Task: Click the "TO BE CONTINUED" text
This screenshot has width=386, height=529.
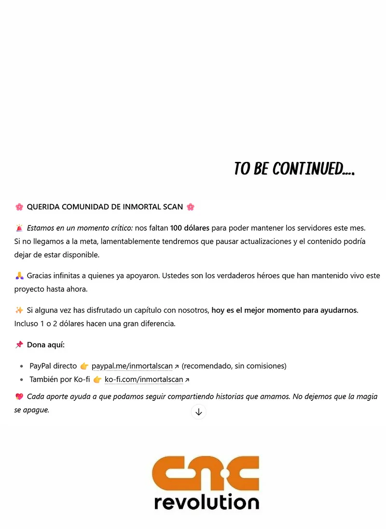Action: [x=294, y=169]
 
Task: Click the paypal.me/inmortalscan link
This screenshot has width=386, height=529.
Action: [x=132, y=366]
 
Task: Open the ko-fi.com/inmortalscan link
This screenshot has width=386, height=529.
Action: [x=143, y=380]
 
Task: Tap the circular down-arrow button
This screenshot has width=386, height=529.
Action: [x=198, y=412]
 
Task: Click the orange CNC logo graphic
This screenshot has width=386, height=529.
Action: [x=206, y=473]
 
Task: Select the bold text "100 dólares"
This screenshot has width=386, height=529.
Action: [x=190, y=228]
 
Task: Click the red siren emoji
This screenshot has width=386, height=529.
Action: [x=19, y=228]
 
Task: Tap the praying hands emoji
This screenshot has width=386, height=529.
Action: [x=19, y=276]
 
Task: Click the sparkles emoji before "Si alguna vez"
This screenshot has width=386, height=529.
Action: [x=19, y=310]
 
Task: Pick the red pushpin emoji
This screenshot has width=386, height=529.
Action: [x=19, y=345]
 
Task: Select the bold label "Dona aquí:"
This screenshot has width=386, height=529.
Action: [x=46, y=345]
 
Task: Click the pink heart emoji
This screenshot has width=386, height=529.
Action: [x=19, y=397]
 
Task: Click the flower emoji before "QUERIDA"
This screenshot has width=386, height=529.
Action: [x=19, y=207]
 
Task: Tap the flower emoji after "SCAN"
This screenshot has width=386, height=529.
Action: [x=191, y=207]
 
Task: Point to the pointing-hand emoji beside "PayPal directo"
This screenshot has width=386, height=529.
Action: [x=84, y=366]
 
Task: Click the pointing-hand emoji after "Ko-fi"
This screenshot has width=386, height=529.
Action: [x=97, y=380]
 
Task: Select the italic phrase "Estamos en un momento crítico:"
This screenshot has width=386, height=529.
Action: [x=80, y=228]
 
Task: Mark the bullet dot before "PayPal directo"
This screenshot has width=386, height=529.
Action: [x=22, y=366]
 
